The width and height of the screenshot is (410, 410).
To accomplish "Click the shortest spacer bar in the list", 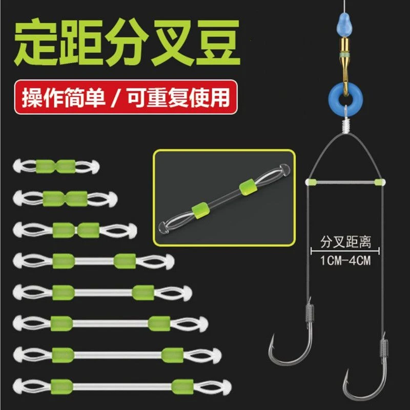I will pyautogui.click(x=56, y=166).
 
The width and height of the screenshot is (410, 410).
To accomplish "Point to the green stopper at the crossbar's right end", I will pyautogui.click(x=380, y=182).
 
